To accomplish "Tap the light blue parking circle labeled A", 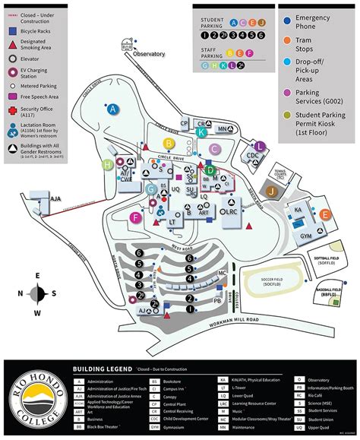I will point(114,110).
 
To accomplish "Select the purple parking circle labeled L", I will point(260,146).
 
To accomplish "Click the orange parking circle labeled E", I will point(325,215).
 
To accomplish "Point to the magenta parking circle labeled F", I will point(136,218).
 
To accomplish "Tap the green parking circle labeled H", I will point(109,164).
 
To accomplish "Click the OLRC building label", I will point(228,214).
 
